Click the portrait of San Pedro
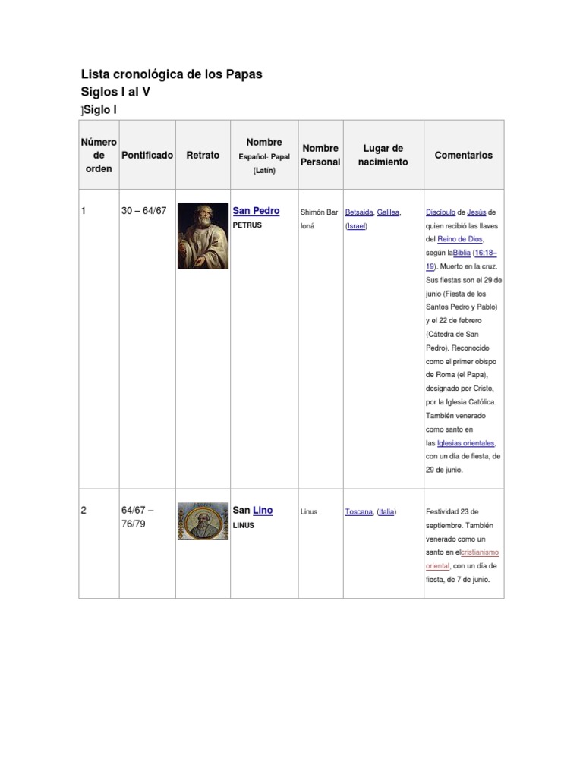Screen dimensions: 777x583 point(203,235)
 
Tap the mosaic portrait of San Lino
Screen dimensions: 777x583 point(203,521)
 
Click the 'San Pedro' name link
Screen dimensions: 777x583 point(256,211)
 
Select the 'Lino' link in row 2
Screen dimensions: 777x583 point(263,511)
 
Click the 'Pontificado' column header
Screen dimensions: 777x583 point(147,155)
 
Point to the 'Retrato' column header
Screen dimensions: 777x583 point(203,155)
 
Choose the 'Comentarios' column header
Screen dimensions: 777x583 point(463,155)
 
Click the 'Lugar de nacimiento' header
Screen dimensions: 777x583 point(383,155)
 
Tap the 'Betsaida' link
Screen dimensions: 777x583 point(358,212)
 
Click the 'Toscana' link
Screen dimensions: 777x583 point(359,512)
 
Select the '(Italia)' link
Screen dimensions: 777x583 point(386,512)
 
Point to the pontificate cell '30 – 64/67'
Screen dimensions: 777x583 point(143,211)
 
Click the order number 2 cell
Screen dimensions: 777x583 point(84,511)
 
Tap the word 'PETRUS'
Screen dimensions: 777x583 point(247,225)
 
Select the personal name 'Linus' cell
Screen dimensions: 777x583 point(309,512)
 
